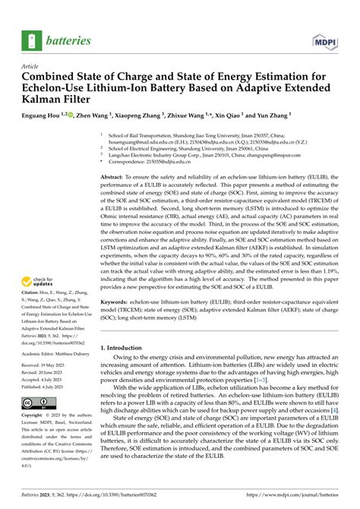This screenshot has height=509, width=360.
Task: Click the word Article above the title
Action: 31,68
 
